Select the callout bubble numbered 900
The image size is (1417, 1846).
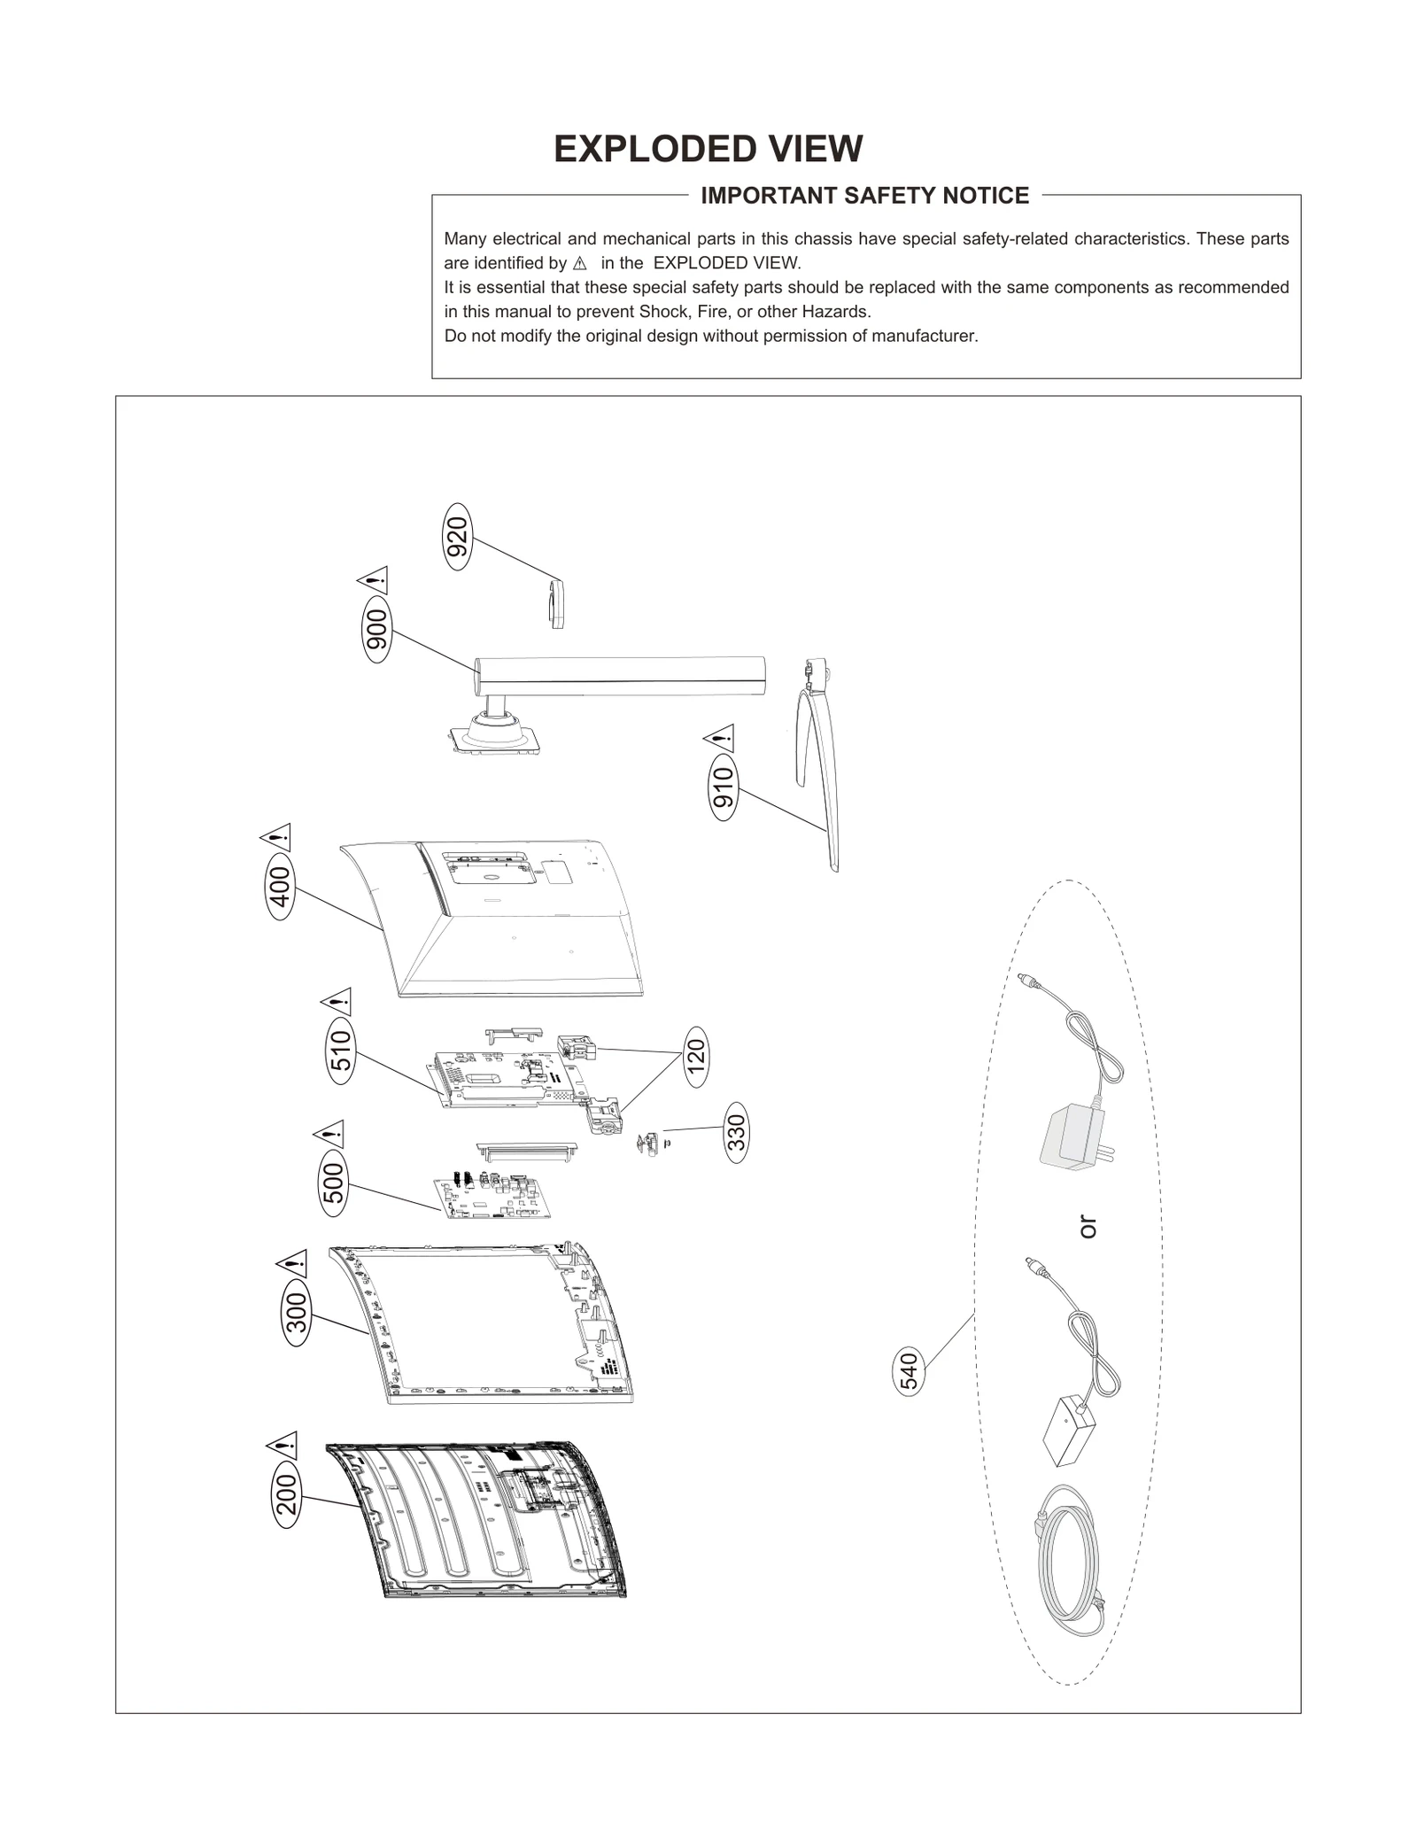(x=377, y=630)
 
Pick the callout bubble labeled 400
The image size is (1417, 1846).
(x=280, y=888)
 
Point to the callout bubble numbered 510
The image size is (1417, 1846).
(x=341, y=1051)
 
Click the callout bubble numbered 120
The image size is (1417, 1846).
(x=696, y=1057)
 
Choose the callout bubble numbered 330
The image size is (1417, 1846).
(x=737, y=1132)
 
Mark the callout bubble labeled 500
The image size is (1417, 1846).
(x=333, y=1183)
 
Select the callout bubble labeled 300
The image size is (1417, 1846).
(x=297, y=1313)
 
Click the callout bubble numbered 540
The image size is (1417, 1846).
(x=910, y=1371)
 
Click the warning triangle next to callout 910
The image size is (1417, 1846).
(x=720, y=737)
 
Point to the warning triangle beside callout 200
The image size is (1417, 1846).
(x=282, y=1447)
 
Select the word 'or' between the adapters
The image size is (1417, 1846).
(x=1088, y=1227)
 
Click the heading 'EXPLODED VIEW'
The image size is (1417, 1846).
(x=708, y=149)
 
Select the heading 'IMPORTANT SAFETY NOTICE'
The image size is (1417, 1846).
(x=864, y=196)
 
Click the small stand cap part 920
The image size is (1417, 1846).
(x=556, y=604)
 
